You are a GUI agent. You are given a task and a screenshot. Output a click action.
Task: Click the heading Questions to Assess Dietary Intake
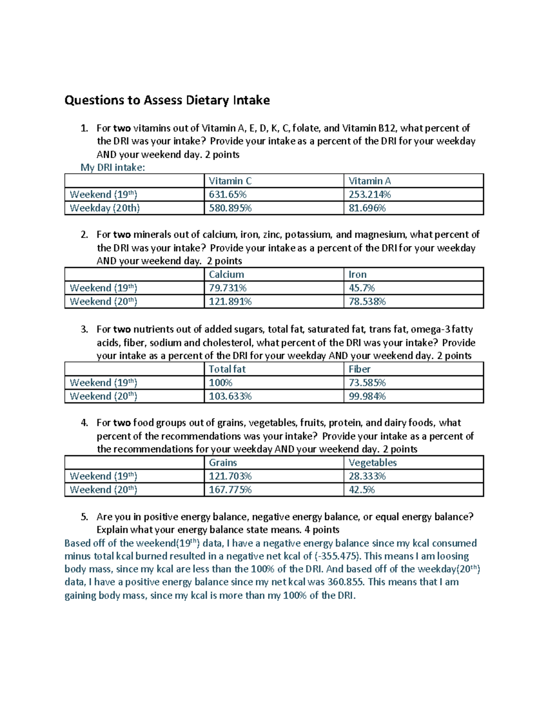coord(167,100)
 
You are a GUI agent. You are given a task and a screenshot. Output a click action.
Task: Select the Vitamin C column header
coord(230,181)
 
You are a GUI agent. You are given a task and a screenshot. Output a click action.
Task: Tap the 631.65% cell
coord(227,194)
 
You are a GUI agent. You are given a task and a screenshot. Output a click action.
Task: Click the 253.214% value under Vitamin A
coord(369,194)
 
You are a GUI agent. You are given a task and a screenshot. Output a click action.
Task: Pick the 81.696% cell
coord(367,208)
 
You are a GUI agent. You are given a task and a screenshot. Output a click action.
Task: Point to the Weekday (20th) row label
coord(105,208)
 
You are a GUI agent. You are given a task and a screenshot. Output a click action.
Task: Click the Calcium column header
coord(226,274)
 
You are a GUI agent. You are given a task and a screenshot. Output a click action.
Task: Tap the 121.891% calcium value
coord(230,302)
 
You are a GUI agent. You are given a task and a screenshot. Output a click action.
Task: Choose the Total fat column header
coord(227,369)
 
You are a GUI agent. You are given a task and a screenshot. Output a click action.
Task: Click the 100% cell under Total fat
coord(221,383)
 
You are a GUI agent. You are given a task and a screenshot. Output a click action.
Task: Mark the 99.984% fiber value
coord(367,396)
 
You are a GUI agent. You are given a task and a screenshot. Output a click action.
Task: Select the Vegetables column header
coord(372,462)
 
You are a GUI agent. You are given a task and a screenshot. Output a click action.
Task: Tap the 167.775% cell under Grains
coord(230,490)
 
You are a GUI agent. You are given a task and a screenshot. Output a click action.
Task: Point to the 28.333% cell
coord(367,476)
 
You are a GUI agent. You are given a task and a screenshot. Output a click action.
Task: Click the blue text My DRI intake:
coord(112,168)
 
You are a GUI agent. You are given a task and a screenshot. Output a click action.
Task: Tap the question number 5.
coord(84,517)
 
